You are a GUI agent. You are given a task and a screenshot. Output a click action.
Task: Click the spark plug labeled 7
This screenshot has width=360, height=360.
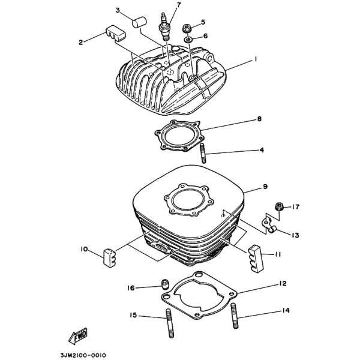coord(164,27)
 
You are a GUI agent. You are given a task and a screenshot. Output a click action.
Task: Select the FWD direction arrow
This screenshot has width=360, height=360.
coord(78,336)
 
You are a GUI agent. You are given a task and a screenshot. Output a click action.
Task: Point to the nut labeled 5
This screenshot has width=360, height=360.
coord(187,28)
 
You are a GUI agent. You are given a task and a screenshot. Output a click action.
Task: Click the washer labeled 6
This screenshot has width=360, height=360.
coord(188,40)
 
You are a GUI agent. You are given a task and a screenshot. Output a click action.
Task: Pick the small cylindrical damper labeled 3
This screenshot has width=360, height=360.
coord(140,22)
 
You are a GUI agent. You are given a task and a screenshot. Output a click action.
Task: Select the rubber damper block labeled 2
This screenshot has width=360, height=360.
coord(116,33)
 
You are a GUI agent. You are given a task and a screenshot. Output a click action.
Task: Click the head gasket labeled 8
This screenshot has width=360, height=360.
coord(179,136)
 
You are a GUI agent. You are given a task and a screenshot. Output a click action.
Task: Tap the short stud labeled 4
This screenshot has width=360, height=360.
coord(203,153)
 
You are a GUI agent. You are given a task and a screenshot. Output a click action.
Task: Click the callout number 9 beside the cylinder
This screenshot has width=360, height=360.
coord(265,187)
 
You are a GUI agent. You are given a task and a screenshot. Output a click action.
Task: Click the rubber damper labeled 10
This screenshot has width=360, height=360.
coord(109,257)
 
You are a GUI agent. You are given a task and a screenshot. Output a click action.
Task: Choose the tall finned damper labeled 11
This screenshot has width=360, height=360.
coord(256,259)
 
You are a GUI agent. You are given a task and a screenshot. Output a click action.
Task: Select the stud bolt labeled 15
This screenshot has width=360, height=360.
coord(169,323)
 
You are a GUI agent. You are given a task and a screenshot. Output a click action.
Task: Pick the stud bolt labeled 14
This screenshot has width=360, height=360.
coord(235,316)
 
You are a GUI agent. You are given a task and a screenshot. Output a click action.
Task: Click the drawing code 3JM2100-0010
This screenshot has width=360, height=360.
coord(83,356)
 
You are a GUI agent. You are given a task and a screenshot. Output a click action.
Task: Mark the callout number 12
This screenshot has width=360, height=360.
coord(283,284)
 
